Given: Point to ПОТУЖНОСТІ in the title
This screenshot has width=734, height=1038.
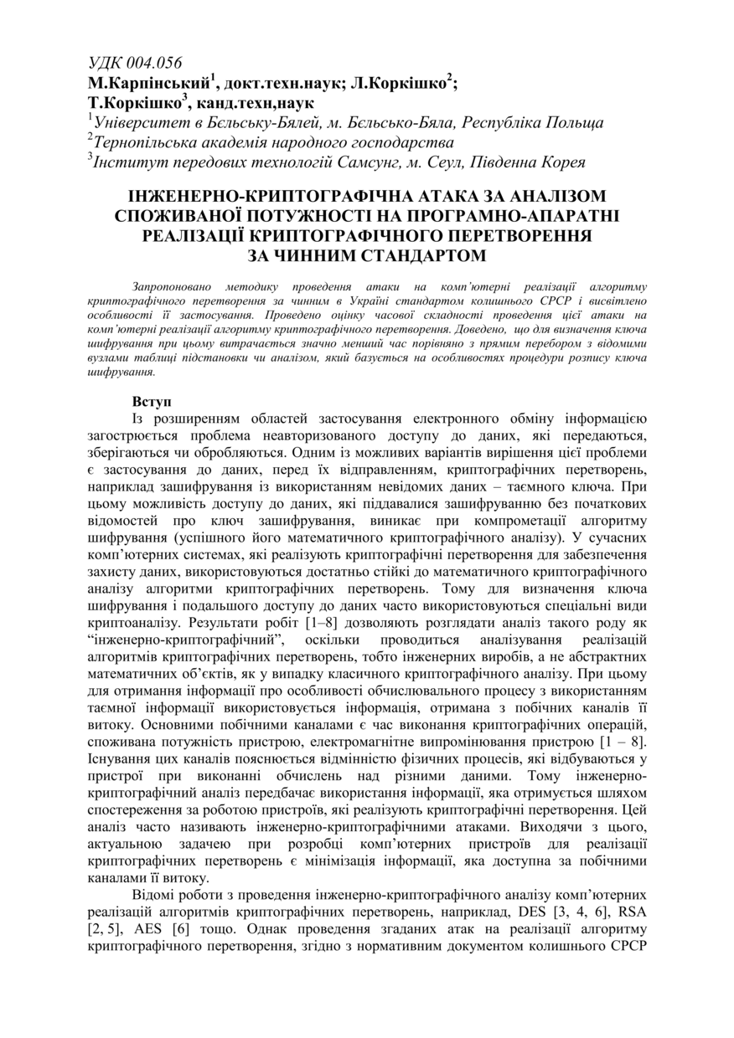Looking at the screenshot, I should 289,216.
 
